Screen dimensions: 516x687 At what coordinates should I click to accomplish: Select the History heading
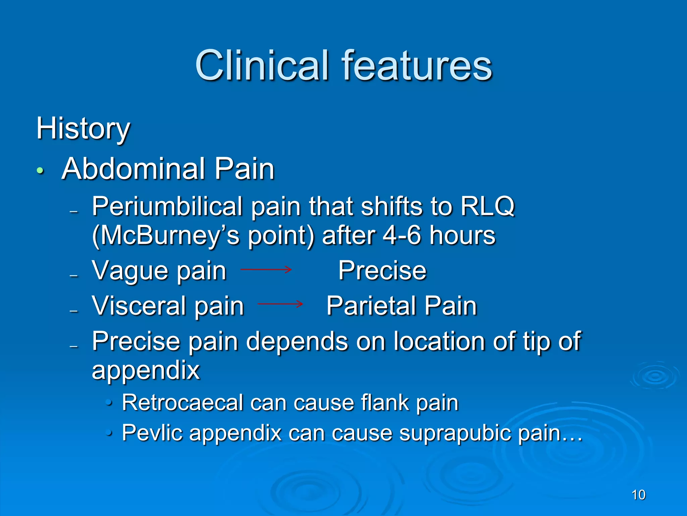pos(83,129)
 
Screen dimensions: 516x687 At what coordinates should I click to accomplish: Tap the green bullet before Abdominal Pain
pos(40,171)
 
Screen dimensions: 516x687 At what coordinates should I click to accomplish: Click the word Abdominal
pos(133,169)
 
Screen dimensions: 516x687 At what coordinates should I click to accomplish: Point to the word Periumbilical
pos(167,206)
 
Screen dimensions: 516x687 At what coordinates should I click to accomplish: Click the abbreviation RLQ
pos(487,206)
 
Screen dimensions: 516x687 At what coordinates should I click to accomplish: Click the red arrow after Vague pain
pos(266,269)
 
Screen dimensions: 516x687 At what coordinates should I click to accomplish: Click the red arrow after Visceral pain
pos(280,304)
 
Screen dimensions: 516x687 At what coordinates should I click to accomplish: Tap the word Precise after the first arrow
pos(382,270)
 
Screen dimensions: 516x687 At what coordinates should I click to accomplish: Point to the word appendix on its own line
pos(146,371)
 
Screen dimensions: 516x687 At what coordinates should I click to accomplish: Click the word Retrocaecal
pos(182,402)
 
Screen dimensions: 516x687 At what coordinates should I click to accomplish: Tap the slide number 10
pos(638,495)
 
